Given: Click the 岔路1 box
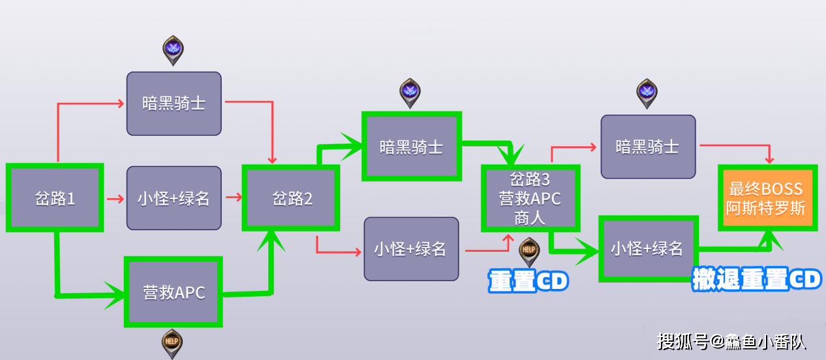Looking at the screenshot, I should click(55, 198).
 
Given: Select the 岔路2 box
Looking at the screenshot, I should click(292, 198).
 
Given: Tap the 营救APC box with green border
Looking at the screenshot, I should click(174, 292).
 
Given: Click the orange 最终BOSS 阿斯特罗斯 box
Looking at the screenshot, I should click(767, 198).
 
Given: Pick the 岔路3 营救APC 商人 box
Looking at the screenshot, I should click(530, 198).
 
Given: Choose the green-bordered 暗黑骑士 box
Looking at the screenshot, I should click(411, 146).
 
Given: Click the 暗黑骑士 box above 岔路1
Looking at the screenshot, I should click(174, 103).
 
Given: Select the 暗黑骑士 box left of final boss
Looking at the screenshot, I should click(648, 146).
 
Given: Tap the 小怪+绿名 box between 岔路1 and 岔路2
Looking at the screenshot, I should click(174, 198).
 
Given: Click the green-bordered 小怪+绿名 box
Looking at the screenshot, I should click(648, 248).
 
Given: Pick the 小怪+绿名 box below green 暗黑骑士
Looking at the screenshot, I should click(411, 248).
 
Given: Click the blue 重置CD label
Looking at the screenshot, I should click(528, 281).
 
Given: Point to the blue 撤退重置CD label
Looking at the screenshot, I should click(756, 280).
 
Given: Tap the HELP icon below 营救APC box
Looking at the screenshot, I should click(172, 342).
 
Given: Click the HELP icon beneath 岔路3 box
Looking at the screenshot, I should click(528, 250).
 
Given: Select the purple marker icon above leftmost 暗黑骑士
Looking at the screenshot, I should click(173, 50).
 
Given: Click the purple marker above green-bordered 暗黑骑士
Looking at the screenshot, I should click(410, 92).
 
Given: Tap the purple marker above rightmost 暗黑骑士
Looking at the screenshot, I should click(647, 92).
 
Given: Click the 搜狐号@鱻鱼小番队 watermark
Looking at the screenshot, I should click(731, 341).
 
